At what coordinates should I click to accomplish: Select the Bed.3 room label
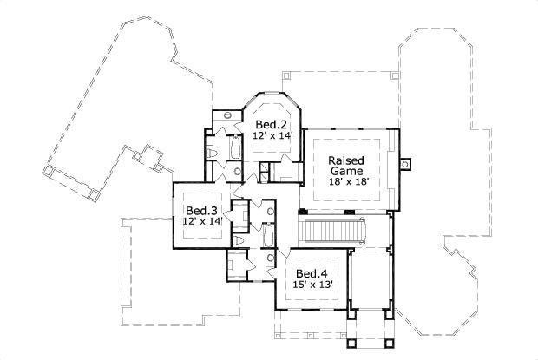pos(201,211)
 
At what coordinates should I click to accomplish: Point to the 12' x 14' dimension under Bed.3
pos(202,221)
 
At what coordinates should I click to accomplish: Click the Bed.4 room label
pos(312,272)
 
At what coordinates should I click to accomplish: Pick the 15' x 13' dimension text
pos(312,284)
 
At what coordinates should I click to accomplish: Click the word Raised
pos(345,160)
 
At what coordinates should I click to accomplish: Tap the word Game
pos(345,172)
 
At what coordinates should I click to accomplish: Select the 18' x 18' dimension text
pos(345,183)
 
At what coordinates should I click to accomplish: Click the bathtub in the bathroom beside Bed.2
pos(235,149)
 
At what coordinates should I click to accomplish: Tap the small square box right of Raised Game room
pos(404,162)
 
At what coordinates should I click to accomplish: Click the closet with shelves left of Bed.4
pos(236,264)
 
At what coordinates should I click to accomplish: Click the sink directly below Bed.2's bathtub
pos(237,172)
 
